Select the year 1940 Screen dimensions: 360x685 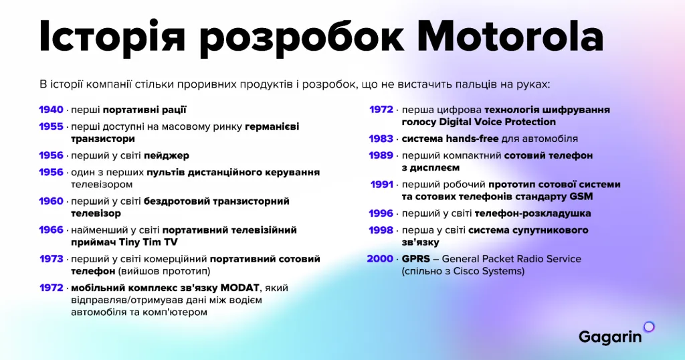click(51, 110)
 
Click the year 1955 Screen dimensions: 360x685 click(51, 126)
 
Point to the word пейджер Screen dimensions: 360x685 click(167, 155)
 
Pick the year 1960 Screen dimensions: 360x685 click(51, 201)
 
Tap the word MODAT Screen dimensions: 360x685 click(239, 288)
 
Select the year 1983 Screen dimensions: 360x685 click(381, 139)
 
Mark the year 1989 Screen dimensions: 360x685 click(381, 155)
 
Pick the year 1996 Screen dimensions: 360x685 click(381, 213)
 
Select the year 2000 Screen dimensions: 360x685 click(380, 259)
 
